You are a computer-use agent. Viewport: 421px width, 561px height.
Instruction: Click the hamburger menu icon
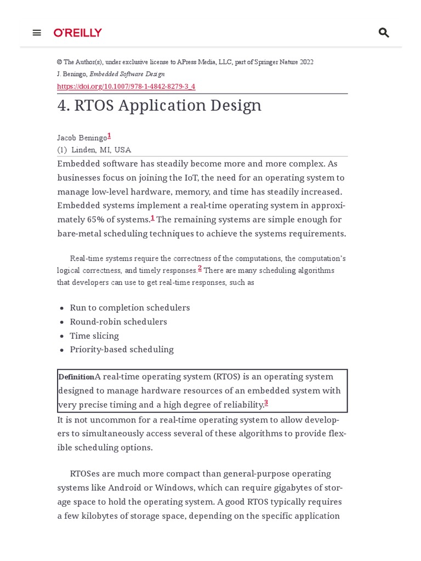(37, 33)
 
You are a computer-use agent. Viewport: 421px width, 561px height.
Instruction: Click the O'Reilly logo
(78, 33)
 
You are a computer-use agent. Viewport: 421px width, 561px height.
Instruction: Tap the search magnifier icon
(384, 33)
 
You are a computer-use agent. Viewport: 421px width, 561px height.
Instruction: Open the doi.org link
(126, 87)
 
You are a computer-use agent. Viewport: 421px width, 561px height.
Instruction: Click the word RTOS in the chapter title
(94, 105)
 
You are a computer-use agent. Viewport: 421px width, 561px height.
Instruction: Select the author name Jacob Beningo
(82, 138)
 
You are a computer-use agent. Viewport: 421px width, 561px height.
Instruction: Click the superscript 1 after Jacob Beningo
(109, 135)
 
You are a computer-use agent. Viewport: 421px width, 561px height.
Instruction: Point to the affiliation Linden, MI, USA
(101, 150)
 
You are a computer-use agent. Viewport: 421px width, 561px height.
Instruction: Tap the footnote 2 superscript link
(200, 268)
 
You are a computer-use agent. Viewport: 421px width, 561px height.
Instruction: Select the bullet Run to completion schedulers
(130, 308)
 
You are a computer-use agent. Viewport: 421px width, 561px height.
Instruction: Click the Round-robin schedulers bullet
(118, 322)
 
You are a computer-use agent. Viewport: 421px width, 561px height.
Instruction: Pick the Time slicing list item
(94, 336)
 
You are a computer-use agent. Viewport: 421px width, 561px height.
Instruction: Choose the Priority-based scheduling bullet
(122, 350)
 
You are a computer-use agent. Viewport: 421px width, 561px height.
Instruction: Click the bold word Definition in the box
(76, 377)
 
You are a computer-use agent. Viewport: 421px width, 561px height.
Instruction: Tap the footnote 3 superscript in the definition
(266, 403)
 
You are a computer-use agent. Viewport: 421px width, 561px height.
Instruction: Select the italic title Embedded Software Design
(127, 74)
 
